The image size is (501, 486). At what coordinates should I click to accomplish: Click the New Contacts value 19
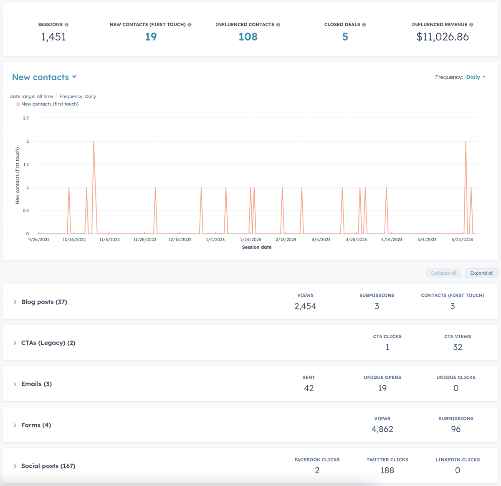(151, 37)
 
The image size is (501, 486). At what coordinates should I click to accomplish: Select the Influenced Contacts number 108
(248, 37)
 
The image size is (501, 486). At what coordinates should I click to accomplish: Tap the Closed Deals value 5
(345, 37)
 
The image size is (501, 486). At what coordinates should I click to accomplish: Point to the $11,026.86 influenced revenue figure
(443, 37)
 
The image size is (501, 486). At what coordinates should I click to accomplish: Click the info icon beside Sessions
(66, 25)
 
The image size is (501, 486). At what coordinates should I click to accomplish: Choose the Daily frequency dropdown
(476, 77)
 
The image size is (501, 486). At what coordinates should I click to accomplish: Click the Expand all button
(481, 273)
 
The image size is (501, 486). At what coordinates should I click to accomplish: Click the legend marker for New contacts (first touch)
(18, 104)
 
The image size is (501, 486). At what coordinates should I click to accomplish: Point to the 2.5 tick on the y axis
(26, 118)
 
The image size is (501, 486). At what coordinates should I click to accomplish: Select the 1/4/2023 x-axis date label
(215, 240)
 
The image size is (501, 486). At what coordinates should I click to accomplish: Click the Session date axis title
(256, 247)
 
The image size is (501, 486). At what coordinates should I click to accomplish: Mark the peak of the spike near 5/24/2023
(466, 142)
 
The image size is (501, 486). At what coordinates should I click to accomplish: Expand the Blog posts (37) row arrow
(15, 302)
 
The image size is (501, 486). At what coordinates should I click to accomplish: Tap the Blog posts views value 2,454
(305, 306)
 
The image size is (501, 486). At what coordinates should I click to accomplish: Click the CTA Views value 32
(457, 347)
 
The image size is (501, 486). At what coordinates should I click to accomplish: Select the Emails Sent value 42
(309, 388)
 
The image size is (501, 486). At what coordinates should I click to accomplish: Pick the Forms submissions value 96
(455, 429)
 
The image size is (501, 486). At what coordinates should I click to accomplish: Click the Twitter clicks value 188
(387, 470)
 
